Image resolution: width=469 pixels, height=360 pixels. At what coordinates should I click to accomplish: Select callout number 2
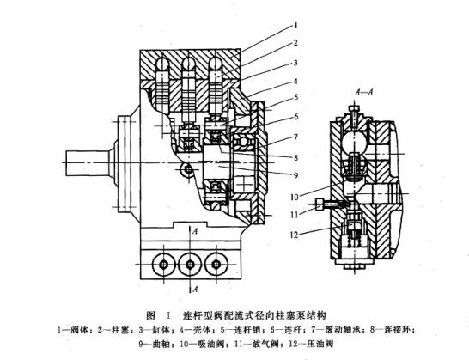292,42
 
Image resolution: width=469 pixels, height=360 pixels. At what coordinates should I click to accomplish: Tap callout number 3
292,63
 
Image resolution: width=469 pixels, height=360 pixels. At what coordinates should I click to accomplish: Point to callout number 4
292,82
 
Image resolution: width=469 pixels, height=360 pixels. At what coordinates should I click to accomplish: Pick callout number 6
292,116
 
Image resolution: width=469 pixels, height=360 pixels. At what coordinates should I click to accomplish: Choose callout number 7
292,136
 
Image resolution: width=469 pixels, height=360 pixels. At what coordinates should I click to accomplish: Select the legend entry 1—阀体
71,328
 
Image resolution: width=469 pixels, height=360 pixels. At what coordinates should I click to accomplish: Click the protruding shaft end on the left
82,162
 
